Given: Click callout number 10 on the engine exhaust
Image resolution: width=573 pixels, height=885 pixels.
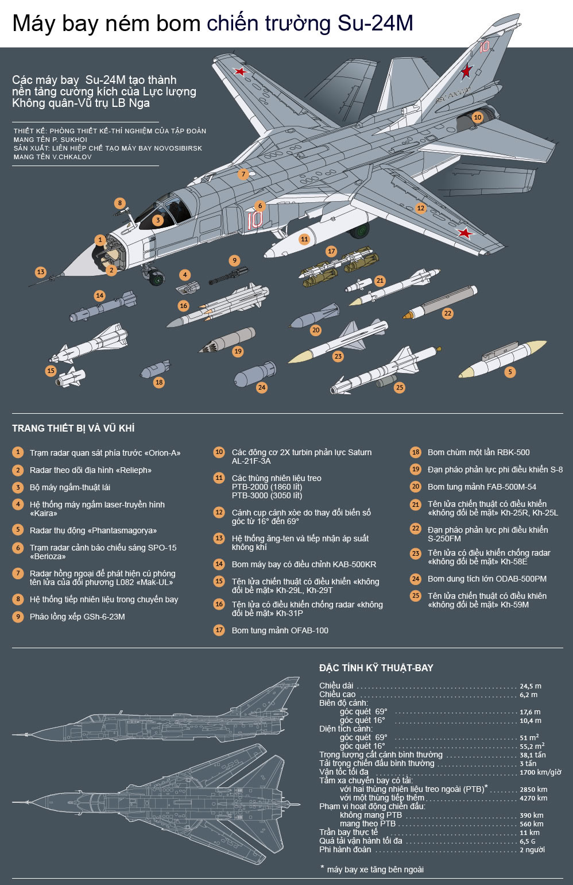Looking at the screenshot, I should click(x=477, y=117).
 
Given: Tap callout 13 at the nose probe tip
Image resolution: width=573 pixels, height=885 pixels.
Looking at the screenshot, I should click(x=40, y=272).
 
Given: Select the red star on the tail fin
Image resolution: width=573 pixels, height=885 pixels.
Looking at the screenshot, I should click(x=466, y=71).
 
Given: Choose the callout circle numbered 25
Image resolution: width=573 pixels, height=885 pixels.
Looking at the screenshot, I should click(x=400, y=387).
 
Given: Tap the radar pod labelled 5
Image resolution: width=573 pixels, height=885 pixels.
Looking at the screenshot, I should click(x=502, y=359).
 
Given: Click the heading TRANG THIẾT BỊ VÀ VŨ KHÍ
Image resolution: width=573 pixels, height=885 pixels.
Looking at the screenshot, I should click(x=73, y=428).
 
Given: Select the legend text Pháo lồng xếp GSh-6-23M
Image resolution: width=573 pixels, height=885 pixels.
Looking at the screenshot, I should click(x=78, y=617).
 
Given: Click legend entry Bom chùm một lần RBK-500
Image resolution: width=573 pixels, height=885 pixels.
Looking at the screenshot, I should click(x=478, y=452).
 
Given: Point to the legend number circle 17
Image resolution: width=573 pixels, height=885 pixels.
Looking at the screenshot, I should click(x=219, y=630).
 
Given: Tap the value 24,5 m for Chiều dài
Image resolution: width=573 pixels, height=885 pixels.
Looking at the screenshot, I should click(x=530, y=686).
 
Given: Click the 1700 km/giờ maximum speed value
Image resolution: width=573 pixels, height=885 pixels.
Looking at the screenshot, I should click(x=540, y=772).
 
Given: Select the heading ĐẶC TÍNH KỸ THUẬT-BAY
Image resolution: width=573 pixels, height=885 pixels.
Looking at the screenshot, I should click(x=376, y=668).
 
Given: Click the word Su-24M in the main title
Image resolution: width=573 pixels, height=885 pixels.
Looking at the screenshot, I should click(x=375, y=23).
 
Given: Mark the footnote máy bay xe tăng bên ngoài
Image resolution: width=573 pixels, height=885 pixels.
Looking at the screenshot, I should click(x=375, y=869).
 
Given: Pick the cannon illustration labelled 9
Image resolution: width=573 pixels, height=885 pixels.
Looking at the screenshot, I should click(x=228, y=275).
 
